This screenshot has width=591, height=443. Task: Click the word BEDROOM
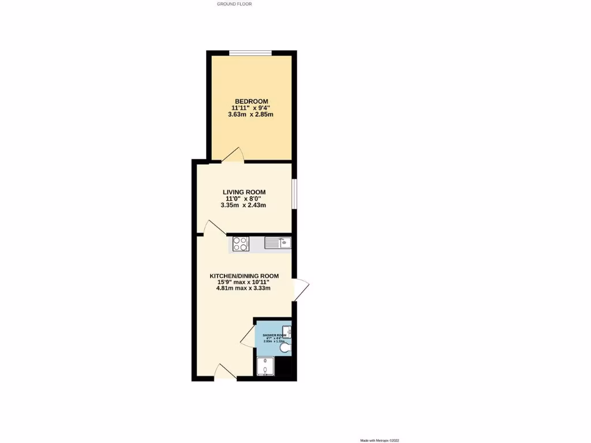click(250, 102)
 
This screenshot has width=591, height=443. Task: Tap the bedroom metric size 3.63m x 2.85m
click(250, 114)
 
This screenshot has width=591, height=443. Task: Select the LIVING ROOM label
click(245, 192)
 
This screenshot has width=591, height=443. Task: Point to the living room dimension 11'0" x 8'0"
click(245, 198)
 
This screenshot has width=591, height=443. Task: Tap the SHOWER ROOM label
click(275, 335)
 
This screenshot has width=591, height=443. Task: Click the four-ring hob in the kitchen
click(240, 244)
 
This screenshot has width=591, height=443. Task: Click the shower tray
click(265, 366)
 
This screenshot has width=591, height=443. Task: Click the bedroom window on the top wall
click(250, 54)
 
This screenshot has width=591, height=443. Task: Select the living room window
click(294, 193)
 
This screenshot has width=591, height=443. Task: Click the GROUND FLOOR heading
click(234, 4)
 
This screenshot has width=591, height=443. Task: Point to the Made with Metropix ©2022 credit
click(379, 440)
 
